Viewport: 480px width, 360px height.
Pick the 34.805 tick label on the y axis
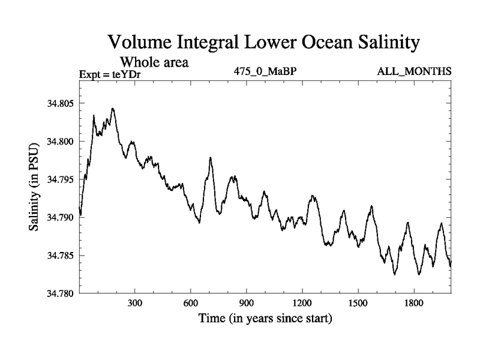coord(59,104)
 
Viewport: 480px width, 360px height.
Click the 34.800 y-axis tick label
coord(59,142)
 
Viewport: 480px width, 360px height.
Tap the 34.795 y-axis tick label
coord(59,179)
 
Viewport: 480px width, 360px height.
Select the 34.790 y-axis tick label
coord(59,218)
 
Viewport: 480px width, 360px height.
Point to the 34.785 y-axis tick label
coord(59,256)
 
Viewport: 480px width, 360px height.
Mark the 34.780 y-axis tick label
coord(59,293)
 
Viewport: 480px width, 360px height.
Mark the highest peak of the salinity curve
coord(112,109)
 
